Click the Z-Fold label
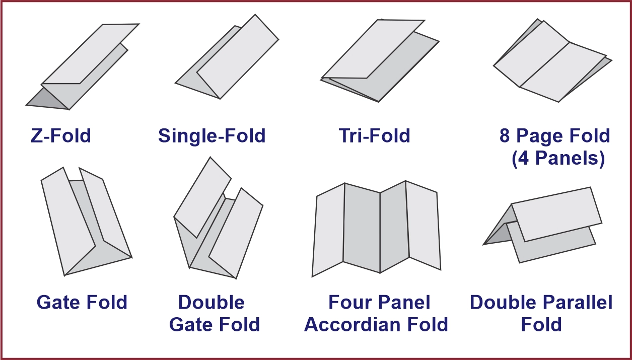[x=60, y=136]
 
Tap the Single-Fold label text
[x=212, y=136]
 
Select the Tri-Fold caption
[x=374, y=136]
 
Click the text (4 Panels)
[x=558, y=158]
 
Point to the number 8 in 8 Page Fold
[x=505, y=136]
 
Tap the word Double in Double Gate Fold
[x=212, y=302]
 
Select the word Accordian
[x=352, y=324]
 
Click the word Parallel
[x=578, y=302]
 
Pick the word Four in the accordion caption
[x=350, y=302]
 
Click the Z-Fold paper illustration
[x=83, y=66]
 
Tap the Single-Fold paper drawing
[x=227, y=56]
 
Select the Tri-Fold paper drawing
[x=380, y=60]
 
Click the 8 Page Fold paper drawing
[x=552, y=60]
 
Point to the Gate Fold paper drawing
[x=86, y=222]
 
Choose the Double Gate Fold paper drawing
[x=218, y=218]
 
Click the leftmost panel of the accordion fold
[x=328, y=230]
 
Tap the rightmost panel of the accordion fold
[x=423, y=225]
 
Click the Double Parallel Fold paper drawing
[x=542, y=225]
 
